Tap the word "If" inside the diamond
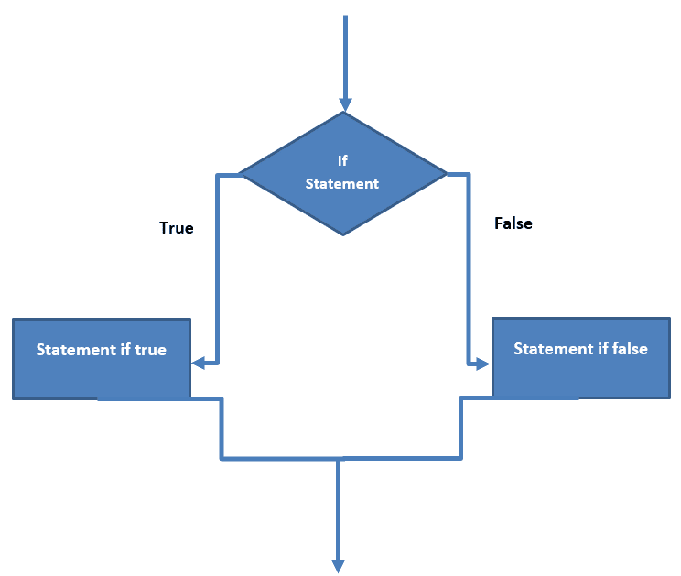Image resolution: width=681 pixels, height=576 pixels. coord(342,160)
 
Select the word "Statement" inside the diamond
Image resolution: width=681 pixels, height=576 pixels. coord(341,183)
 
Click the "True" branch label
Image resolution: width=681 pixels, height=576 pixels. coord(177,228)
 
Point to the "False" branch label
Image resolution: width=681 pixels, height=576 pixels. coord(513,223)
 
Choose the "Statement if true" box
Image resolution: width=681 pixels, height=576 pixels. coord(102,358)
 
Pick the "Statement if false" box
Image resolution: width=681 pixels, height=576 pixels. coord(580,357)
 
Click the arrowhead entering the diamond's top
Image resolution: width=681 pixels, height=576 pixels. coord(344,103)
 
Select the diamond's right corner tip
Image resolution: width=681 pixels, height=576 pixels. coord(445,173)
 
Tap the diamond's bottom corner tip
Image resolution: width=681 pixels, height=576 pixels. coord(343,234)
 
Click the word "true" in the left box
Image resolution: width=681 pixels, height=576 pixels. coord(151,350)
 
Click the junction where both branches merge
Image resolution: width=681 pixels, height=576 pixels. coord(339,457)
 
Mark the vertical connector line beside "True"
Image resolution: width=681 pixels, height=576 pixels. coord(218,266)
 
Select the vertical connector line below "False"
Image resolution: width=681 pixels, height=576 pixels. coord(468,275)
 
